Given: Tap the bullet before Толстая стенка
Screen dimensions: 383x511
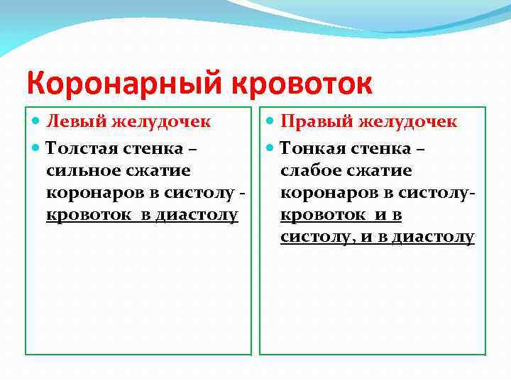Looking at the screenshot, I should tap(37, 150).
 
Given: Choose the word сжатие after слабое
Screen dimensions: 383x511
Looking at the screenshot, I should tap(384, 171).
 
